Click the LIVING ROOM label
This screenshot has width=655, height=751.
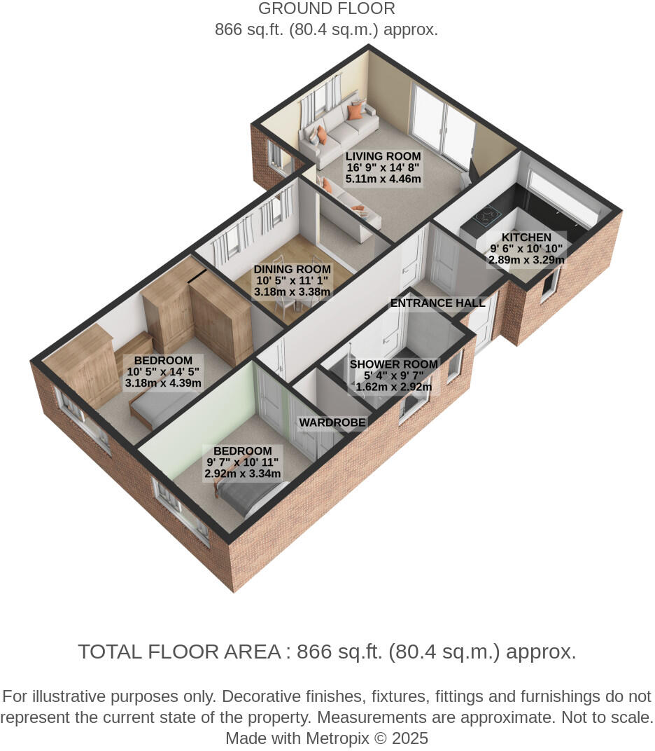click(x=383, y=156)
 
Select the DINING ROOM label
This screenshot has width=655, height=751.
click(x=292, y=270)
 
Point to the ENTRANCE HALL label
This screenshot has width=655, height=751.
click(x=437, y=303)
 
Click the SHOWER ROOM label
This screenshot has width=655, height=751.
click(x=393, y=364)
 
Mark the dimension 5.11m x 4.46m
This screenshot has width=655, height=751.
click(x=383, y=179)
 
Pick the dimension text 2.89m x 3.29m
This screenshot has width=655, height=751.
click(x=526, y=260)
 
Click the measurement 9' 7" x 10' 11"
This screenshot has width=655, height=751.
click(x=242, y=462)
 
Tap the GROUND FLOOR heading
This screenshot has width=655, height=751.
click(x=326, y=9)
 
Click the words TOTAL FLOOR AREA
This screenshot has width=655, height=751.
click(x=179, y=652)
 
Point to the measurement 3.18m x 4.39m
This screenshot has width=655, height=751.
click(x=163, y=383)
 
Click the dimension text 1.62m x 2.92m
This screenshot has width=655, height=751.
click(x=393, y=387)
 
